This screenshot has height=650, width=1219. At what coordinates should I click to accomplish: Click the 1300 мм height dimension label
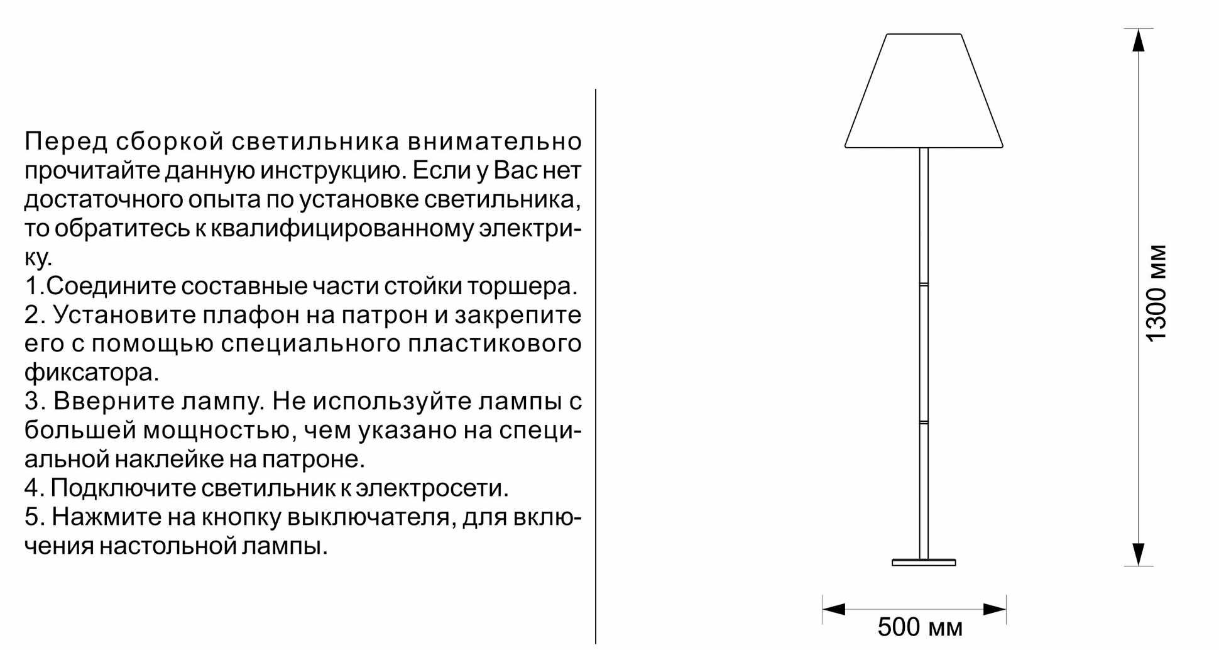1156,293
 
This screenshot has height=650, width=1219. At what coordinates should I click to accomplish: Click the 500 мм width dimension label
919,627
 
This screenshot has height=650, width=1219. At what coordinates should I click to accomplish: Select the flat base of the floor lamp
924,563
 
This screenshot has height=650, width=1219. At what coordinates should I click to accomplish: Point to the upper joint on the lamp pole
924,285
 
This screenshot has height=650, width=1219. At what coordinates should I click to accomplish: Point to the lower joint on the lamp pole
924,422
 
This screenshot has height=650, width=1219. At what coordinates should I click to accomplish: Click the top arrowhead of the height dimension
1138,40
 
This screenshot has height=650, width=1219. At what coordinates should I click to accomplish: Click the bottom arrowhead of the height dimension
1138,554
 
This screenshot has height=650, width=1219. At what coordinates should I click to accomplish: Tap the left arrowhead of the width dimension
834,609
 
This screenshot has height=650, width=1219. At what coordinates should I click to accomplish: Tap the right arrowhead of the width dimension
995,609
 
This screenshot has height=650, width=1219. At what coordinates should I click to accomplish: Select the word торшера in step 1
522,286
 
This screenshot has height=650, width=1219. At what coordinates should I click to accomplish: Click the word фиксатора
92,373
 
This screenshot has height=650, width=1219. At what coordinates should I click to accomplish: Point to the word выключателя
371,517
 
